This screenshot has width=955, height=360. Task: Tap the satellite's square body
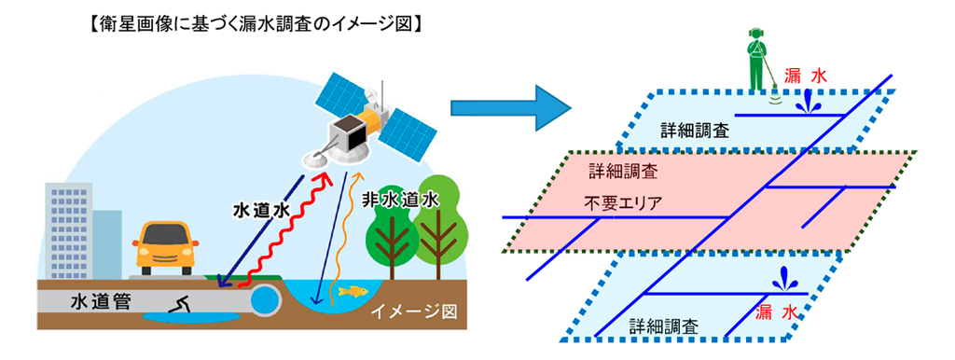coord(350,133)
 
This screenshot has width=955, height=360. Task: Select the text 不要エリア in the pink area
coord(619,201)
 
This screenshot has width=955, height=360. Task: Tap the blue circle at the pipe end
coord(267,300)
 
